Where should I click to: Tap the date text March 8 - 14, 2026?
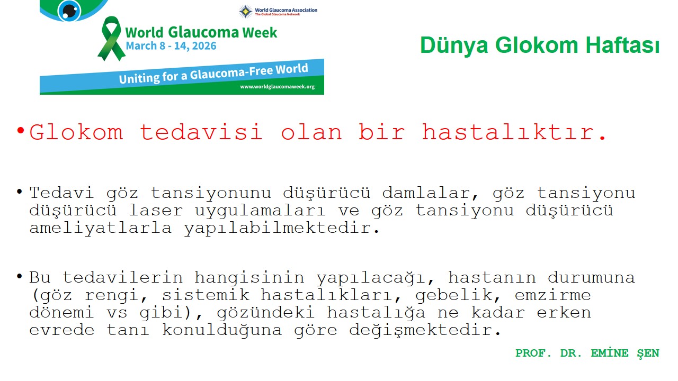171,46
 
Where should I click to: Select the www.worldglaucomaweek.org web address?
277,86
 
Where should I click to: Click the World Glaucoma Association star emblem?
246,11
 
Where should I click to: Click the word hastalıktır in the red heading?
514,132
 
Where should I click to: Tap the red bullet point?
21,131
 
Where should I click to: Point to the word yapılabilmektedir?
282,228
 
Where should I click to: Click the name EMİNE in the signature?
610,353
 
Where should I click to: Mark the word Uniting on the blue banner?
139,78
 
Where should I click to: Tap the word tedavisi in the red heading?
201,132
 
